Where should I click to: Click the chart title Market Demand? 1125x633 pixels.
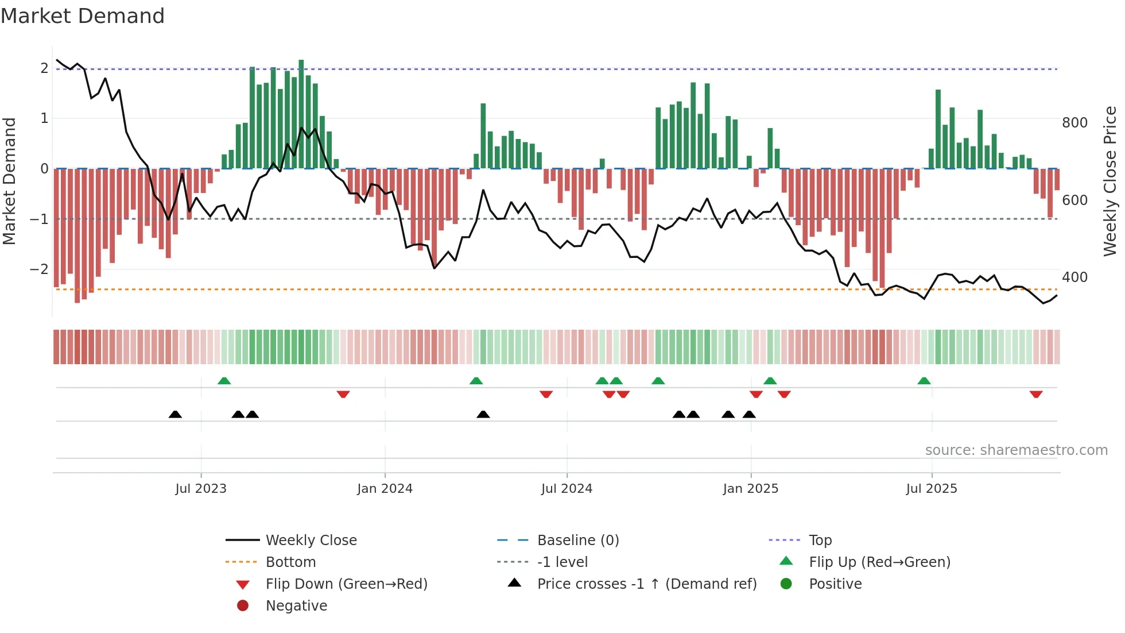[x=83, y=16]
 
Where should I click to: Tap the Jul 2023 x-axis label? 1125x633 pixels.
[x=201, y=489]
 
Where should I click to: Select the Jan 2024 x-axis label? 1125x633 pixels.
[x=385, y=489]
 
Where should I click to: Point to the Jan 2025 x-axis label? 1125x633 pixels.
[x=750, y=489]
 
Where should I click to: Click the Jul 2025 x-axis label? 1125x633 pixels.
[x=932, y=489]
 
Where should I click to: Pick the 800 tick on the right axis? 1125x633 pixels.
[x=1074, y=123]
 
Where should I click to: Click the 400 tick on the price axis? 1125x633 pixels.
[x=1074, y=277]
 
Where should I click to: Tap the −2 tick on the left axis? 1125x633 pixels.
[x=39, y=269]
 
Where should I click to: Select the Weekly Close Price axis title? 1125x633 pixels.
[x=1110, y=181]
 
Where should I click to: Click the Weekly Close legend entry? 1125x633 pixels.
[x=311, y=541]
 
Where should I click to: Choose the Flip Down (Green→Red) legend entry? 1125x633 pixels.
[x=346, y=584]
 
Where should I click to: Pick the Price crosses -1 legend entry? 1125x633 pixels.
[x=646, y=584]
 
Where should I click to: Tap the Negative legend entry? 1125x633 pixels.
[x=296, y=606]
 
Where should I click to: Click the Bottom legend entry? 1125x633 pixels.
[x=290, y=562]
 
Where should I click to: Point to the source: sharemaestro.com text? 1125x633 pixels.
[x=1016, y=450]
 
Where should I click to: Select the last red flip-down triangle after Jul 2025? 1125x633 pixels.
[x=1036, y=395]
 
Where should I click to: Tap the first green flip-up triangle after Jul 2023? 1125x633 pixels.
[x=224, y=381]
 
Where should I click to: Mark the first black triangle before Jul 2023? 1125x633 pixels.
[x=175, y=415]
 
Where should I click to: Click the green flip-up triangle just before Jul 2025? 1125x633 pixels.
[x=924, y=381]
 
